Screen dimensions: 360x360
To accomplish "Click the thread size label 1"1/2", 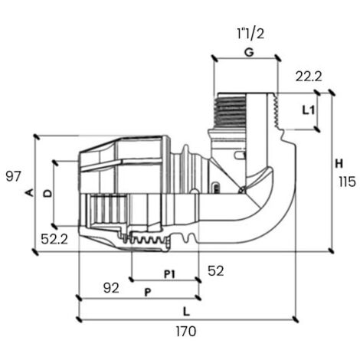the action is pyautogui.click(x=250, y=34).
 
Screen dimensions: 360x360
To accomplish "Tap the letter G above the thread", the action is pyautogui.click(x=249, y=52).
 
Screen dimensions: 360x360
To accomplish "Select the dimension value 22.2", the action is pyautogui.click(x=309, y=77).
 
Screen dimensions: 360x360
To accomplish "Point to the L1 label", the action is pyautogui.click(x=309, y=110).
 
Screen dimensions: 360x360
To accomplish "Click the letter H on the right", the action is pyautogui.click(x=339, y=163).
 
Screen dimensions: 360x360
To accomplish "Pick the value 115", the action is pyautogui.click(x=347, y=182).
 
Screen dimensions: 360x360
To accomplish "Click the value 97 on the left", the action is pyautogui.click(x=13, y=176).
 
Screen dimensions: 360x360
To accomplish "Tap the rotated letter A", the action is pyautogui.click(x=30, y=193).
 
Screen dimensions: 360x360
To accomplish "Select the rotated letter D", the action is pyautogui.click(x=47, y=193).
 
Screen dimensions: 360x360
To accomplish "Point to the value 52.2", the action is pyautogui.click(x=54, y=239).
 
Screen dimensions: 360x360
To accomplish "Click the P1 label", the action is pyautogui.click(x=169, y=274).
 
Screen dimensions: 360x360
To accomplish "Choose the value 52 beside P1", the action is pyautogui.click(x=216, y=270).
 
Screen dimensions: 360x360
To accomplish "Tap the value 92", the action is pyautogui.click(x=111, y=288).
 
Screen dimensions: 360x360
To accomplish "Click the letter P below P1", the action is pyautogui.click(x=148, y=293).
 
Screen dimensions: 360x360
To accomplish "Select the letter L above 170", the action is pyautogui.click(x=187, y=312).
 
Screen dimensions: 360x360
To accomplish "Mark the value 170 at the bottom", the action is pyautogui.click(x=186, y=332).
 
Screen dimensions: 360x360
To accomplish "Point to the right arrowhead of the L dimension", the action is pyautogui.click(x=296, y=319).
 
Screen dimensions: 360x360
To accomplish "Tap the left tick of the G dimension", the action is pyautogui.click(x=214, y=58).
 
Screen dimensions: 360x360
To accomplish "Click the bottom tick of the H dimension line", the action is pyautogui.click(x=331, y=251).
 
